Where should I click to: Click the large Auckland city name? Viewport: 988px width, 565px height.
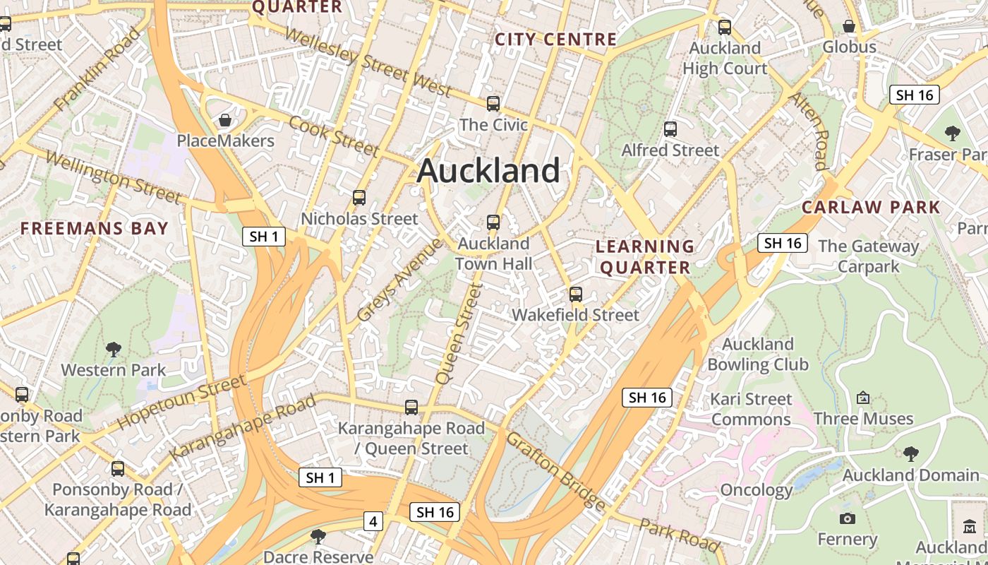pyautogui.click(x=488, y=171)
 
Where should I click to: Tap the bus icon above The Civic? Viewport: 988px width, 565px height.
pyautogui.click(x=493, y=104)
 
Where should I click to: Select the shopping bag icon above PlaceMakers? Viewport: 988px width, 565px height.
pyautogui.click(x=225, y=120)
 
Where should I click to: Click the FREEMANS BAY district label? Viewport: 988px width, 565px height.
pyautogui.click(x=94, y=228)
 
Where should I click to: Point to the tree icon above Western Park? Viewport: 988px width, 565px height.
pyautogui.click(x=113, y=349)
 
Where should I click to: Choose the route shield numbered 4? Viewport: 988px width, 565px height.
pyautogui.click(x=373, y=522)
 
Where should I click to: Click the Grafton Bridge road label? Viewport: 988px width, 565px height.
pyautogui.click(x=555, y=471)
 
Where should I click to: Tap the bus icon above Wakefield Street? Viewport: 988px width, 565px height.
pyautogui.click(x=576, y=295)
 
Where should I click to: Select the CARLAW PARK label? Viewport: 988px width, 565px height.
pyautogui.click(x=871, y=208)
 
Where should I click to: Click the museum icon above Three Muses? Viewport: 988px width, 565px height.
pyautogui.click(x=862, y=398)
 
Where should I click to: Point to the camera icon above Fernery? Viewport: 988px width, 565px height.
pyautogui.click(x=848, y=519)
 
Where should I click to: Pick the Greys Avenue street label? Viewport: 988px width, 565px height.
pyautogui.click(x=399, y=280)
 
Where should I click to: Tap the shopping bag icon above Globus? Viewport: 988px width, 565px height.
pyautogui.click(x=849, y=27)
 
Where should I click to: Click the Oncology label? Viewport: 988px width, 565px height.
pyautogui.click(x=756, y=490)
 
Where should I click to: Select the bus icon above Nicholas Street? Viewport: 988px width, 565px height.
pyautogui.click(x=359, y=198)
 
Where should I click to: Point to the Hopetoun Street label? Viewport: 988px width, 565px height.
pyautogui.click(x=181, y=403)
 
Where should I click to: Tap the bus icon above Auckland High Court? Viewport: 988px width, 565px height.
pyautogui.click(x=725, y=28)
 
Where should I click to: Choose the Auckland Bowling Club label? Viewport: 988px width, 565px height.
pyautogui.click(x=757, y=355)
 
